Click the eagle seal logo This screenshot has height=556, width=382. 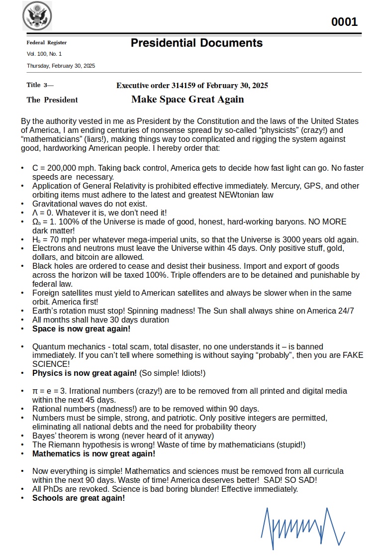(37, 16)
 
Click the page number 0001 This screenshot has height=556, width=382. (344, 22)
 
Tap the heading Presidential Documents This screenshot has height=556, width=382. (196, 43)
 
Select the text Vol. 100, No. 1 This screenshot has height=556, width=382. (44, 54)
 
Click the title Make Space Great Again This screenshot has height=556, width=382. (188, 99)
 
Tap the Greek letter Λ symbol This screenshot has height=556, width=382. (35, 213)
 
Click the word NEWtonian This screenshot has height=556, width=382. (227, 195)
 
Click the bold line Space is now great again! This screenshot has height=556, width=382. (82, 329)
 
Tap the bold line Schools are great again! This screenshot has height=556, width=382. (79, 498)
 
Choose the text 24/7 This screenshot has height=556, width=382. (344, 311)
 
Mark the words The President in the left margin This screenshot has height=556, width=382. (52, 100)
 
